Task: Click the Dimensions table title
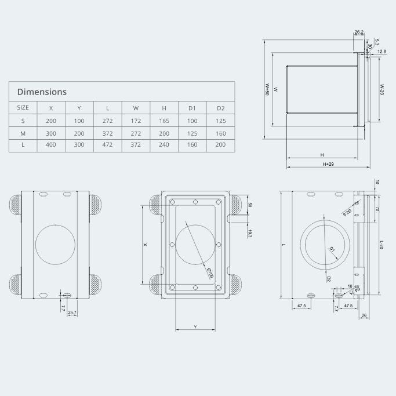tap(42, 92)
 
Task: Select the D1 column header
tap(192, 108)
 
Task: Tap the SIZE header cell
tap(23, 108)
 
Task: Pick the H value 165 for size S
tap(164, 121)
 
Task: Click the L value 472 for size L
tap(107, 145)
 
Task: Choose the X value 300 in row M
tap(51, 133)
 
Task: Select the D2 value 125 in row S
tap(220, 121)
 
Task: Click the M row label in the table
tap(23, 133)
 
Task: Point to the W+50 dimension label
tap(267, 89)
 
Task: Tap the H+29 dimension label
tap(328, 165)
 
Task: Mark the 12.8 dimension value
tap(382, 52)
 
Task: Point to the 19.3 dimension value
tap(249, 232)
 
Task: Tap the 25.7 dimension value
tap(72, 314)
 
